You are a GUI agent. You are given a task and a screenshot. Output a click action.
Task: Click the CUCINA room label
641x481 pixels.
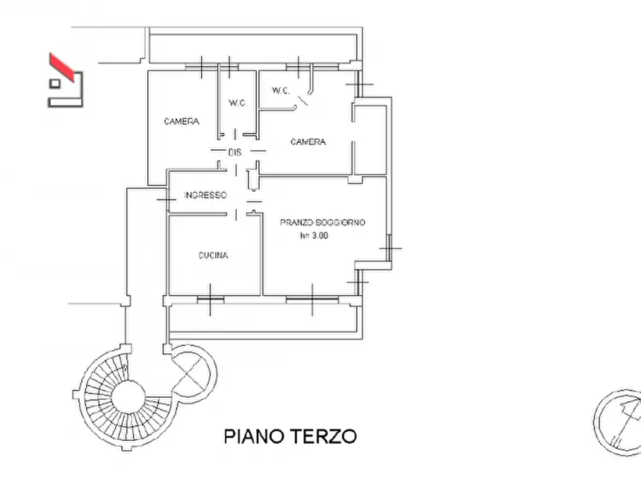tap(213, 256)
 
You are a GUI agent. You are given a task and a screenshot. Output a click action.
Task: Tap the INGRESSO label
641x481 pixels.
tap(205, 195)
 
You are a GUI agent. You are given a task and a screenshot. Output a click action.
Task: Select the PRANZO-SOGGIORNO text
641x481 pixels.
tap(322, 223)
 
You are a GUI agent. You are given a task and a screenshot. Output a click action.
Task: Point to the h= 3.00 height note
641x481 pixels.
tap(314, 235)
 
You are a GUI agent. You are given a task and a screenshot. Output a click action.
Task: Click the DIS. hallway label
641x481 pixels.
tap(235, 153)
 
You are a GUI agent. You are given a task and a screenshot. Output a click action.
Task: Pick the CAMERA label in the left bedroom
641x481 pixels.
tap(182, 121)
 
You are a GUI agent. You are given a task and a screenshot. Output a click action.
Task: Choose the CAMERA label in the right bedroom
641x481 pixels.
tap(308, 142)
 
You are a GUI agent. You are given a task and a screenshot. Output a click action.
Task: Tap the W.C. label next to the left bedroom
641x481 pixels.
tap(238, 103)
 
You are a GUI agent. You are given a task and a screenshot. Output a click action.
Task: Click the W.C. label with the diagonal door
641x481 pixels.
tap(281, 90)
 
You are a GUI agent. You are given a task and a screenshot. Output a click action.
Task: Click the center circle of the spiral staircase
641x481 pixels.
tap(128, 398)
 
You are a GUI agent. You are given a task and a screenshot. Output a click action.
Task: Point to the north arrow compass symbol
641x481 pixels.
tap(617, 422)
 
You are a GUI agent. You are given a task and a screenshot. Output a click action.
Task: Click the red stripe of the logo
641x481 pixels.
tap(62, 67)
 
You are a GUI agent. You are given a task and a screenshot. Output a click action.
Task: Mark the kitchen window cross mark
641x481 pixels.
tap(210, 300)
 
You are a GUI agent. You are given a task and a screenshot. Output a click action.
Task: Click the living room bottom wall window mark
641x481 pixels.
tap(312, 300)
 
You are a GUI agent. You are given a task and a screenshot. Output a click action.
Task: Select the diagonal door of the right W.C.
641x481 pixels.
tap(303, 101)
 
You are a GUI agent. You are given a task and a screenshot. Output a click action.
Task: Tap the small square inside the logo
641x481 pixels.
tap(55, 84)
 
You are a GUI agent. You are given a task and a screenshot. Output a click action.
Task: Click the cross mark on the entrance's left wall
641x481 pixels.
tap(167, 200)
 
